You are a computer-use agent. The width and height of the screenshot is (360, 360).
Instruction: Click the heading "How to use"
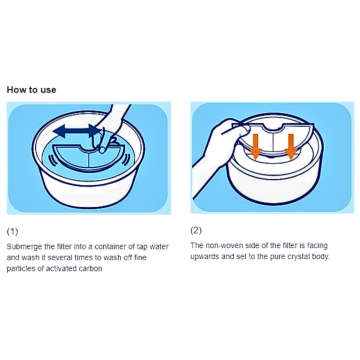(x=32, y=90)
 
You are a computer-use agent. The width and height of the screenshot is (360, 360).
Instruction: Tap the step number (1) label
(x=13, y=231)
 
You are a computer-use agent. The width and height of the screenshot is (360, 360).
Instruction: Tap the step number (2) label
(x=196, y=230)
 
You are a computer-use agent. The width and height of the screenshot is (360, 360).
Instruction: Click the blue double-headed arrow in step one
(x=77, y=131)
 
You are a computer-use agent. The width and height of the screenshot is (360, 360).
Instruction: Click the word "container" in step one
(x=110, y=247)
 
